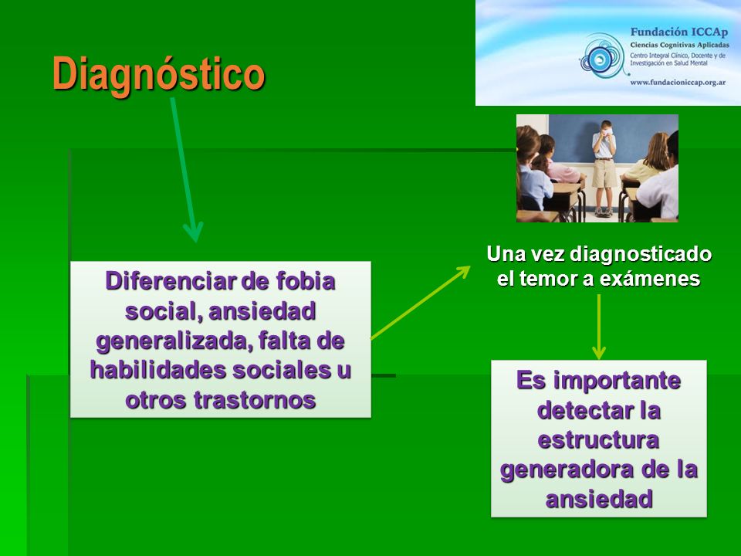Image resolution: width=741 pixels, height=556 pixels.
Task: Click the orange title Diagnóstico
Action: pos(159,75)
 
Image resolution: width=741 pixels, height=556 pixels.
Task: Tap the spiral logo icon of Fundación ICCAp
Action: pos(602,56)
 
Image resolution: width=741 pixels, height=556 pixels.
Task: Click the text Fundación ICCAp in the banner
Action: pos(678,32)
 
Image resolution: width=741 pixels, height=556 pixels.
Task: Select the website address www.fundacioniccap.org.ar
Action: pos(678,83)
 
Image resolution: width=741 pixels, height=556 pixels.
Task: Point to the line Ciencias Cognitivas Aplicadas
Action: pos(679,45)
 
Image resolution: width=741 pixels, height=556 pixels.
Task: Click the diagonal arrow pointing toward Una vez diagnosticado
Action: pos(420,303)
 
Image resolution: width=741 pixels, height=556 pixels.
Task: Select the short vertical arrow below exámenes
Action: pos(599,327)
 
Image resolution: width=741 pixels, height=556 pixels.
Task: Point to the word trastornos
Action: pos(254,400)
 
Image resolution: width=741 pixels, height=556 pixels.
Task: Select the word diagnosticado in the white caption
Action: pos(641,254)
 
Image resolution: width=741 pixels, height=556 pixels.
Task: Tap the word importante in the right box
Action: pos(617,381)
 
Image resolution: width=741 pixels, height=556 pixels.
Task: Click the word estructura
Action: pos(598,441)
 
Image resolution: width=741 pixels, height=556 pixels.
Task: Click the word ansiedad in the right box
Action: pos(599,500)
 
